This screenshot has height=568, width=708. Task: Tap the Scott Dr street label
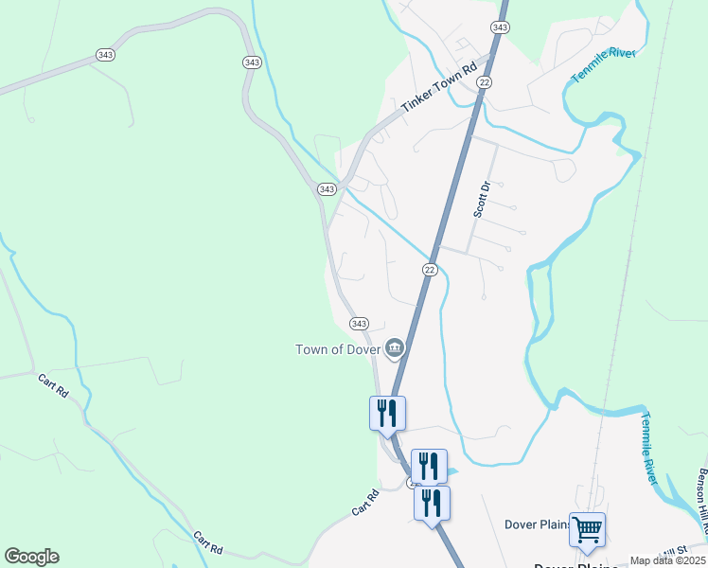[482, 199]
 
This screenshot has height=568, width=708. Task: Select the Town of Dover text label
[338, 349]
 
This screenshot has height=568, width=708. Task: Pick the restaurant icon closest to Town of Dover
[387, 413]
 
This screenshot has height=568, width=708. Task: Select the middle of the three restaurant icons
[429, 466]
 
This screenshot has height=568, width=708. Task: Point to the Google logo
[31, 557]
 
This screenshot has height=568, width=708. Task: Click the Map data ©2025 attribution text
[667, 560]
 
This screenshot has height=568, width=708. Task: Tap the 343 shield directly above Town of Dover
[359, 324]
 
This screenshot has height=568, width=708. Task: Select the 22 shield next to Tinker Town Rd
[484, 83]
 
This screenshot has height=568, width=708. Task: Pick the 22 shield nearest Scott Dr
[429, 271]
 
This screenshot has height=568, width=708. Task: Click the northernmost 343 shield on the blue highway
[500, 28]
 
